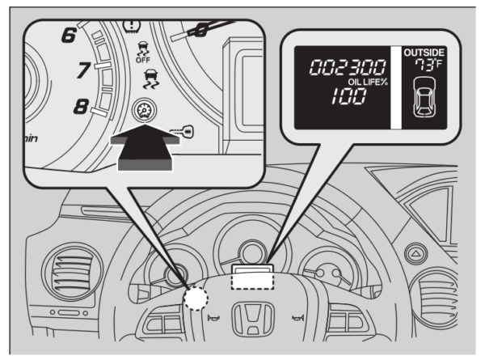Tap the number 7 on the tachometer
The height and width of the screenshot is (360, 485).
pos(82,71)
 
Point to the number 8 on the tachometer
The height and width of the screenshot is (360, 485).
pos(82,105)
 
